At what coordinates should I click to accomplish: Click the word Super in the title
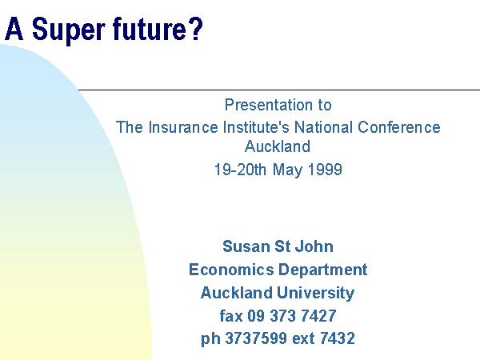[x=68, y=30]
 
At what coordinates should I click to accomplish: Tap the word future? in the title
[x=158, y=29]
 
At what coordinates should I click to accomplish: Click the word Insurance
[x=183, y=127]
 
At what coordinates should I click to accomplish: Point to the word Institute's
[x=256, y=127]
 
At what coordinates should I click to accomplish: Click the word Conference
[x=399, y=127]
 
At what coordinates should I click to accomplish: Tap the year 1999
[x=325, y=170]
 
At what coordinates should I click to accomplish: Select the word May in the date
[x=287, y=170]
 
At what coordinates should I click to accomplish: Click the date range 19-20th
[x=240, y=170]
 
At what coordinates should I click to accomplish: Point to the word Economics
[x=231, y=270]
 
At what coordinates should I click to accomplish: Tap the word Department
[x=323, y=270]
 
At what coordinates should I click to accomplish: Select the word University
[x=316, y=294]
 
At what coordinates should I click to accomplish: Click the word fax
[x=231, y=316]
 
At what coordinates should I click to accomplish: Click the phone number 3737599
[x=256, y=338]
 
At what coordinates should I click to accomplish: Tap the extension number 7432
[x=338, y=338]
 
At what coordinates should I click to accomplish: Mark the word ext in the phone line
[x=303, y=338]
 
